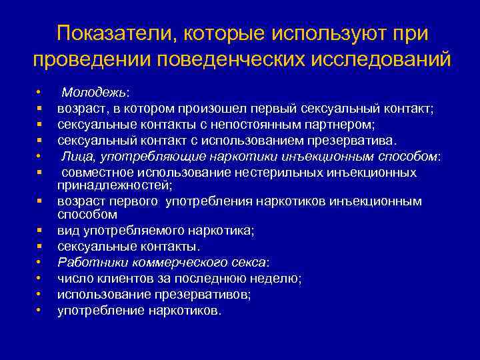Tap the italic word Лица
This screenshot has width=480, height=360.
pos(76,155)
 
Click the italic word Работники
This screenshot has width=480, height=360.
pos(89,262)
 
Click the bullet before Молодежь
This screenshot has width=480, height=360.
pos(41,93)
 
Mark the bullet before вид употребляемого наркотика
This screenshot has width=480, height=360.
pos(41,230)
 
